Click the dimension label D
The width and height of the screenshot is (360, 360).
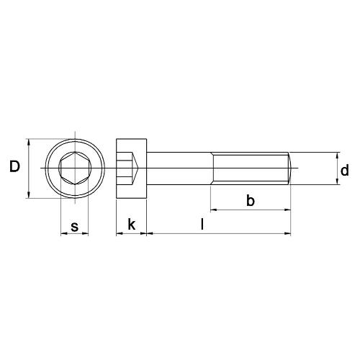pyautogui.click(x=14, y=168)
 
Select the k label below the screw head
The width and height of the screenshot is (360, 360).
pyautogui.click(x=131, y=225)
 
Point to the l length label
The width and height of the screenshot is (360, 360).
pyautogui.click(x=202, y=225)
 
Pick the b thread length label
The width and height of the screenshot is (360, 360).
pyautogui.click(x=250, y=201)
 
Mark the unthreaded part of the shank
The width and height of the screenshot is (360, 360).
pyautogui.click(x=179, y=169)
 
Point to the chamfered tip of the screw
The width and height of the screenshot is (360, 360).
pyautogui.click(x=289, y=169)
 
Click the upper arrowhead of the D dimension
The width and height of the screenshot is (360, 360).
pyautogui.click(x=28, y=142)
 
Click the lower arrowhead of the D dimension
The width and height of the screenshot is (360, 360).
pyautogui.click(x=28, y=197)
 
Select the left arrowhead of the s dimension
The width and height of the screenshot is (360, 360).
pyautogui.click(x=61, y=233)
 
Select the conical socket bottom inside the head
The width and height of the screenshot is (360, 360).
pyautogui.click(x=136, y=169)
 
